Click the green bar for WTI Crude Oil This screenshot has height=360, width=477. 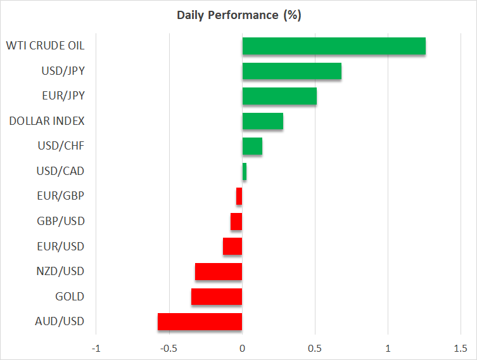(x=334, y=46)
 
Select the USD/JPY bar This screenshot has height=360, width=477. (x=291, y=71)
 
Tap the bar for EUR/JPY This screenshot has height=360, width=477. (x=279, y=96)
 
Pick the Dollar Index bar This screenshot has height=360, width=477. (x=262, y=121)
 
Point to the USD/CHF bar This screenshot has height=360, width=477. (x=252, y=146)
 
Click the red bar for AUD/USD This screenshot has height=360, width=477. (x=200, y=322)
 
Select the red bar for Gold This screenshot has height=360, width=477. (x=217, y=297)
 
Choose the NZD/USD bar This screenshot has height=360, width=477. (x=219, y=272)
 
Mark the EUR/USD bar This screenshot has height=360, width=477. (x=232, y=247)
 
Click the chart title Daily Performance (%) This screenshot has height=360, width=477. (x=238, y=15)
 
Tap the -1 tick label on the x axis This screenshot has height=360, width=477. (x=96, y=349)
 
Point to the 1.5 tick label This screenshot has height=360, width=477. (x=461, y=349)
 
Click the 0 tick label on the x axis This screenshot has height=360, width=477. (x=242, y=349)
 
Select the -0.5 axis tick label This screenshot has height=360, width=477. (x=168, y=349)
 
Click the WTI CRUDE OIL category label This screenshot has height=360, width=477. (x=45, y=46)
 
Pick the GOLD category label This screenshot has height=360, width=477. (x=70, y=297)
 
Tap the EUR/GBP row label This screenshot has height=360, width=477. (x=61, y=196)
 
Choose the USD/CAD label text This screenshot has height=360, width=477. (x=61, y=171)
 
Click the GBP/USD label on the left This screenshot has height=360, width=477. (x=61, y=221)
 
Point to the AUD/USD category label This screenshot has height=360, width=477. (x=61, y=322)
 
